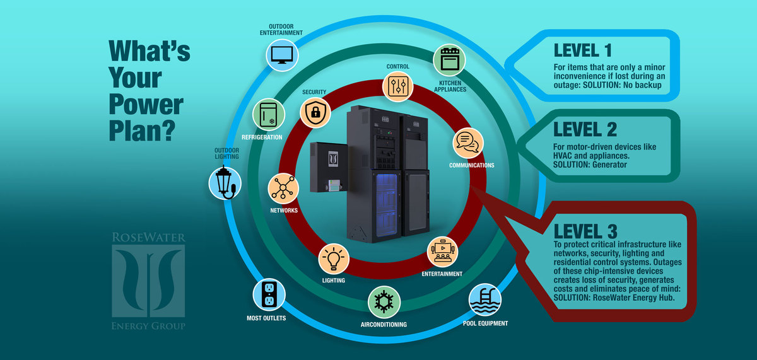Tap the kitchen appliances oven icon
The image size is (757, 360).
[449, 61]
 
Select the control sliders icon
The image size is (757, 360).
[398, 87]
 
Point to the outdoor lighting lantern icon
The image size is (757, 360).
[224, 182]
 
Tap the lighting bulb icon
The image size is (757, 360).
[334, 258]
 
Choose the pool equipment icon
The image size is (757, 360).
[484, 301]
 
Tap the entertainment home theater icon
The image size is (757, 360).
[442, 252]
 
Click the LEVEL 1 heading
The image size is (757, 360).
[582, 50]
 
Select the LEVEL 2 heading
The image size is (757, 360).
[584, 130]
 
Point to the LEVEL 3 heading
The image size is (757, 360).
[585, 231]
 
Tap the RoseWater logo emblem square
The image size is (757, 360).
[148, 281]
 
